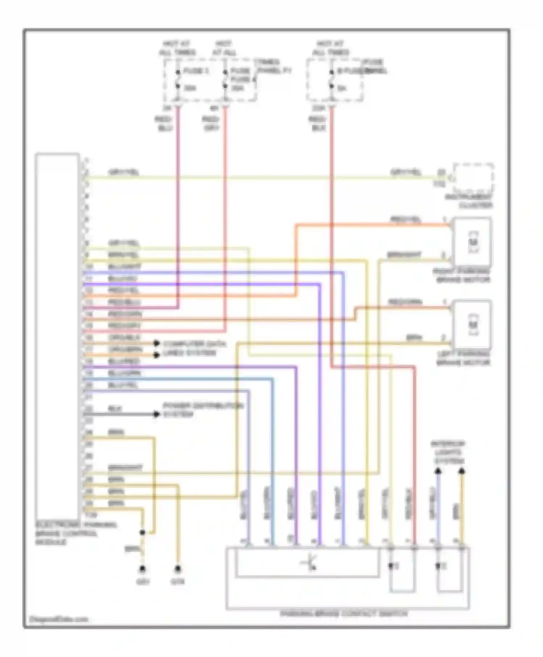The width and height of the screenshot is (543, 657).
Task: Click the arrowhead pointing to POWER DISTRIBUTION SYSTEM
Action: click(156, 414)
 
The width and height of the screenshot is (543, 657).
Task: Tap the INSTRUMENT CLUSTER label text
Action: click(469, 201)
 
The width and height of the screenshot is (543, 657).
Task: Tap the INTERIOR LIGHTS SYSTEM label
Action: click(449, 453)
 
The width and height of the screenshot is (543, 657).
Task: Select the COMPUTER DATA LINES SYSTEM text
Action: click(194, 348)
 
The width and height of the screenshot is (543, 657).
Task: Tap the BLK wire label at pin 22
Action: click(115, 409)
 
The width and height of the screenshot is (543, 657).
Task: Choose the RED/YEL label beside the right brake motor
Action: click(405, 219)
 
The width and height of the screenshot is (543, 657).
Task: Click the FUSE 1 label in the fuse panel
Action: click(196, 71)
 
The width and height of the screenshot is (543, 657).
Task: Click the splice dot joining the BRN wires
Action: click(143, 532)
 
